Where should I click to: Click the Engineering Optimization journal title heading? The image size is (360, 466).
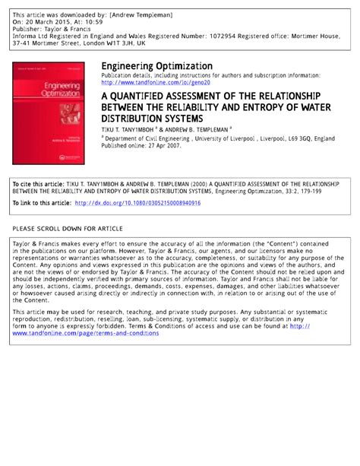point(157,67)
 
